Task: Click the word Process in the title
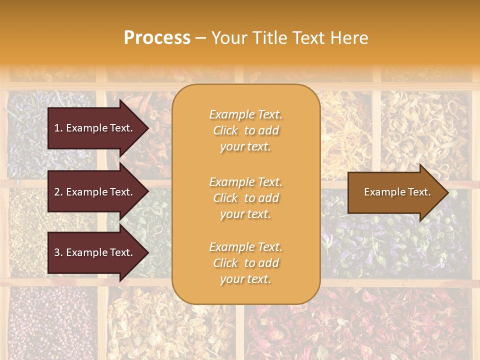click(157, 38)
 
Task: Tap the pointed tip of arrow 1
click(147, 128)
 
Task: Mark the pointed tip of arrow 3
click(147, 253)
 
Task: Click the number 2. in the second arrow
click(58, 192)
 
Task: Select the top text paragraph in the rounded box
click(245, 130)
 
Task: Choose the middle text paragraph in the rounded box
click(245, 198)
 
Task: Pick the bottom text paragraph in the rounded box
click(245, 263)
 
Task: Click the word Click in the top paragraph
click(225, 130)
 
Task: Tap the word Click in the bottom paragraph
click(225, 263)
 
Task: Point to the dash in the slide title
click(201, 38)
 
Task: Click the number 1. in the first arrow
click(58, 128)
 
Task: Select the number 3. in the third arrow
click(58, 252)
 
